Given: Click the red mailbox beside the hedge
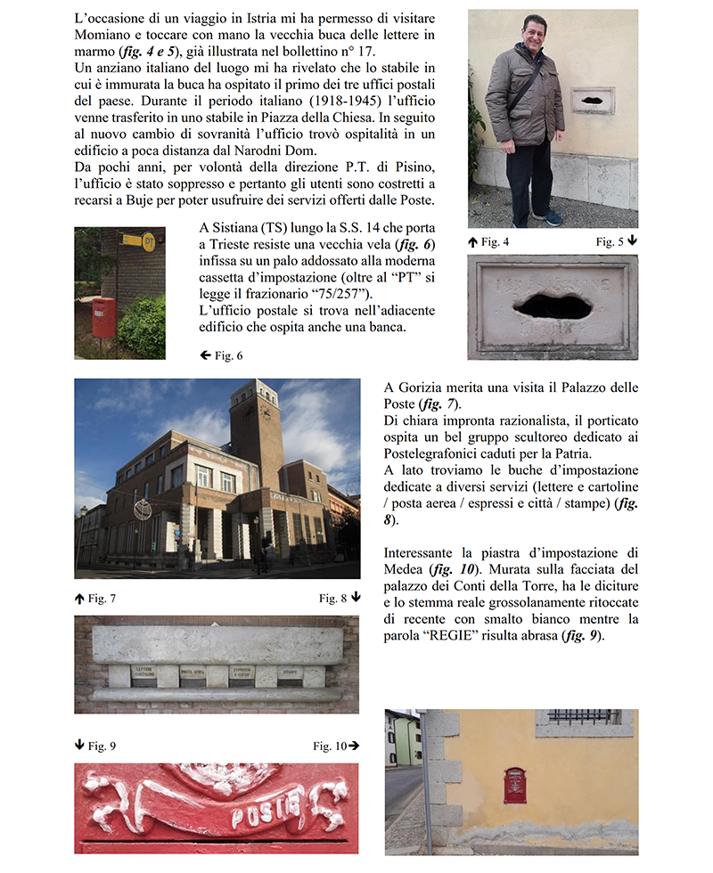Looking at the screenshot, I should tap(103, 316).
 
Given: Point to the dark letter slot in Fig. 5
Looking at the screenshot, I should tap(553, 306).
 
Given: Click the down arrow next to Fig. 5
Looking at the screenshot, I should tap(632, 241).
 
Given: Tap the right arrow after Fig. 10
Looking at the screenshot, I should tap(354, 746).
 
